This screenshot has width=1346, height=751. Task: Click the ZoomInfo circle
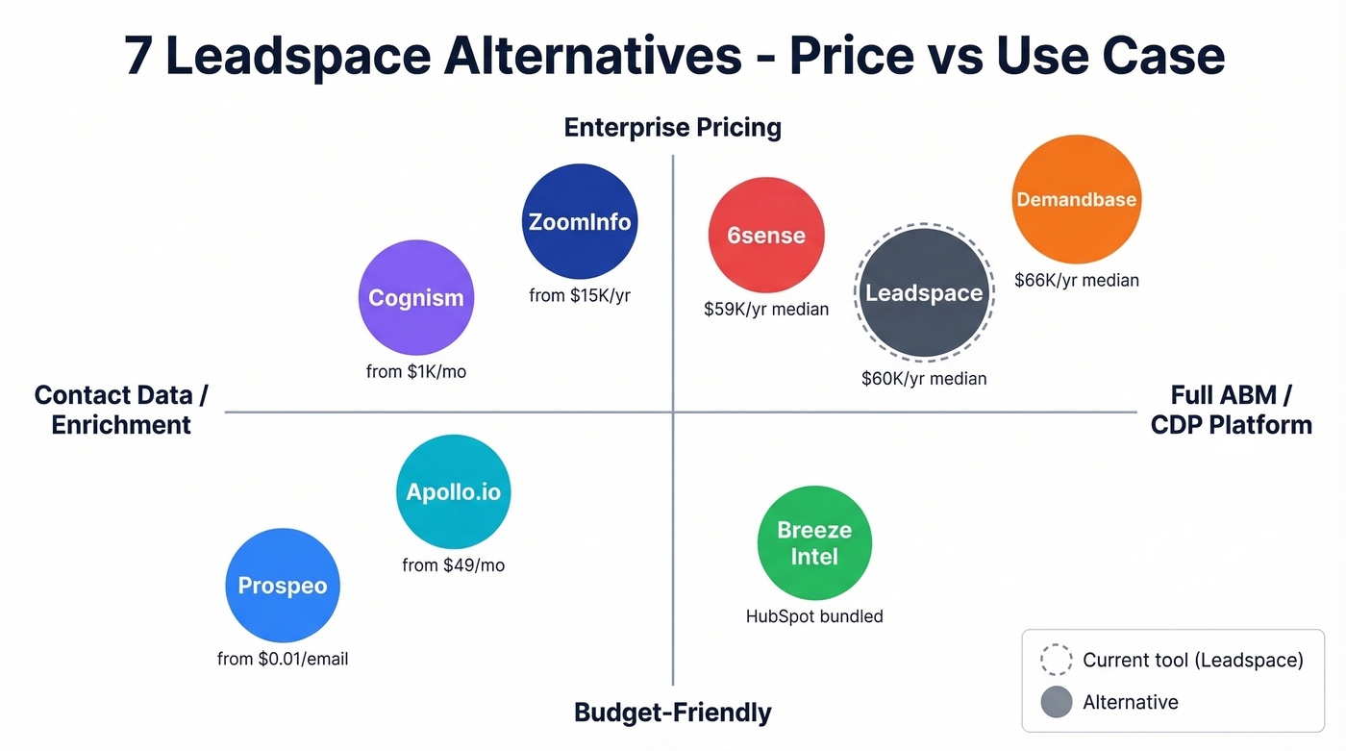[579, 221]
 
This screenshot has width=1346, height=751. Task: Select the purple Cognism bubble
[415, 297]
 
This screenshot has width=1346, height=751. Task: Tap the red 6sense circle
[765, 235]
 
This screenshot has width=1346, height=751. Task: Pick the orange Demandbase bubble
[1076, 199]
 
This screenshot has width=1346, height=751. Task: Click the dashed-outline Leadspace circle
[924, 294]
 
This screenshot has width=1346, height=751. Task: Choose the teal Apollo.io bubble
[453, 491]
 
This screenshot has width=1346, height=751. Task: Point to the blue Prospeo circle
[282, 585]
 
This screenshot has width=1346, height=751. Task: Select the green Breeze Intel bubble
[814, 542]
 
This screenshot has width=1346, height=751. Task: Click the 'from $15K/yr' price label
[579, 295]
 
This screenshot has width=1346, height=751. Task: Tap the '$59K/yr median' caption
[765, 310]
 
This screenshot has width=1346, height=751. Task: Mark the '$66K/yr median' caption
[1076, 281]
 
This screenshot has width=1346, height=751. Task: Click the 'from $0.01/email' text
[282, 659]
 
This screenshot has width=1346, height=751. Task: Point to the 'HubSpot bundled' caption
[814, 616]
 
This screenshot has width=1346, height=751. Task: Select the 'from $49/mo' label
[453, 565]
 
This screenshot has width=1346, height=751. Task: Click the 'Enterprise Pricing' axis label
[672, 127]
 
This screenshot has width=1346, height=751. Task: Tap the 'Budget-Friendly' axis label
[672, 713]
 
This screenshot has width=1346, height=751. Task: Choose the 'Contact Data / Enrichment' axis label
[121, 410]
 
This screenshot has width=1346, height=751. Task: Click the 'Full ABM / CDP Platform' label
[1231, 410]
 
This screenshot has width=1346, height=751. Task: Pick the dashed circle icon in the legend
[1056, 660]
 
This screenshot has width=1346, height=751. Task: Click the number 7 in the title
[138, 58]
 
